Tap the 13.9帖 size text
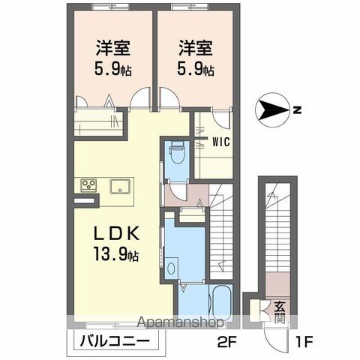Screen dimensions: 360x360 coord(116,256)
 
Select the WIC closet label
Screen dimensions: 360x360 coord(220,139)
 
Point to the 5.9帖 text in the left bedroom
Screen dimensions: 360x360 coord(113,71)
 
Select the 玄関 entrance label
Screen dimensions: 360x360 coord(278,310)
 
